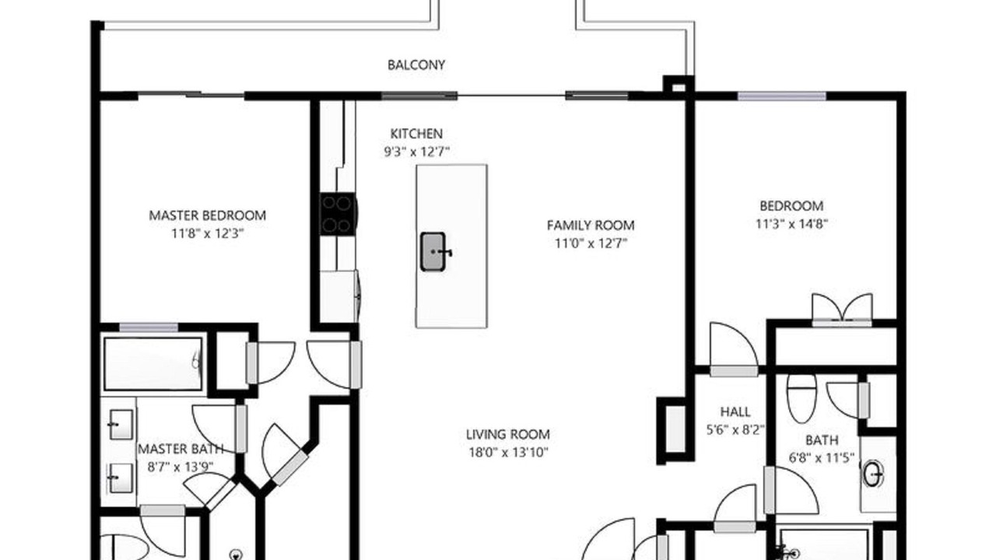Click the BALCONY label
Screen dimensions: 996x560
point(416,65)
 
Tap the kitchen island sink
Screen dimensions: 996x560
point(433,251)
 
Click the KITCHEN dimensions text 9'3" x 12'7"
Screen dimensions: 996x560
point(416,152)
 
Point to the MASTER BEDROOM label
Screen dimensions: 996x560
point(207,215)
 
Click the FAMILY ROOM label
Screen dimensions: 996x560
point(591,226)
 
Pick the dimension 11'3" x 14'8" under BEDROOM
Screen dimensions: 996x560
point(791,223)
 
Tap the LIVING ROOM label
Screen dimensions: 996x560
point(508,434)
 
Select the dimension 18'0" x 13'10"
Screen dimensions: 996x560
point(508,453)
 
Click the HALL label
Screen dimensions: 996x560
point(735,411)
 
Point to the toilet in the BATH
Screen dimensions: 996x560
point(801,398)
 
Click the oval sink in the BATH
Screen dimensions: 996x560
point(872,474)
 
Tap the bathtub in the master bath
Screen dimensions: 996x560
point(153,363)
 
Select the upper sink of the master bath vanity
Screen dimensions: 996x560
point(121,425)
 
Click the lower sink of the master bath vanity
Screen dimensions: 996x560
point(121,478)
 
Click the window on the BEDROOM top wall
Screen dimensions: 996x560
point(782,96)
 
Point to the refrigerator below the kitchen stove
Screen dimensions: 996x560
point(339,296)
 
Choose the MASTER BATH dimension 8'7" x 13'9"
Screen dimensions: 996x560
point(181,467)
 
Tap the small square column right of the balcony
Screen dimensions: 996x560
point(679,86)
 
